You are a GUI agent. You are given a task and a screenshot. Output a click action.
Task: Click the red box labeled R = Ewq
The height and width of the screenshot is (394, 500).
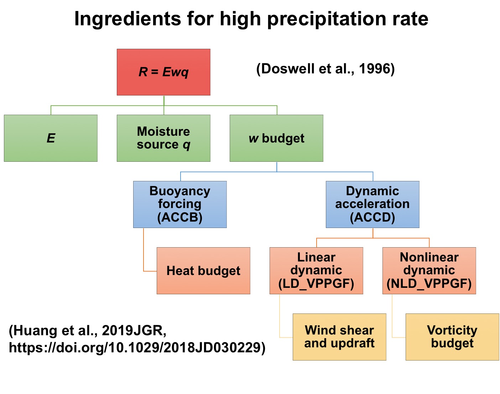point(163,72)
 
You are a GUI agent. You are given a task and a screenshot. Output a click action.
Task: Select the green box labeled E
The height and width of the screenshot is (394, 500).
point(51,138)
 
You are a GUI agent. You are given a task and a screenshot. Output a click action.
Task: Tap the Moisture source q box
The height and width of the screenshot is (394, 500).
point(163,138)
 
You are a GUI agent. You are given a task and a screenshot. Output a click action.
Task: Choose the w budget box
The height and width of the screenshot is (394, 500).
point(276,138)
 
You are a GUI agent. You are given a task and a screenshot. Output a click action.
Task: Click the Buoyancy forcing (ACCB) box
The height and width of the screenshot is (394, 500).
point(180,204)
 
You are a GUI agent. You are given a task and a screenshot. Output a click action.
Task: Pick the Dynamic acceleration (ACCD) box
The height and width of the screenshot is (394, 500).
point(373,204)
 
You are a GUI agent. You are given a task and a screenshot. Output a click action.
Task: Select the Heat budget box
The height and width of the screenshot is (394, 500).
point(203,271)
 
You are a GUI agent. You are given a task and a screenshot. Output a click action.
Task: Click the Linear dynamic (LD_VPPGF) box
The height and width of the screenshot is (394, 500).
point(316,271)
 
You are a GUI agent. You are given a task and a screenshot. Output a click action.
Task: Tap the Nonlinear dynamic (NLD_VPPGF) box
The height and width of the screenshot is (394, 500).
point(429,271)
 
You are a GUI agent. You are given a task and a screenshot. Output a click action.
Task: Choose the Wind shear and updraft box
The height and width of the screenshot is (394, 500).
point(339,337)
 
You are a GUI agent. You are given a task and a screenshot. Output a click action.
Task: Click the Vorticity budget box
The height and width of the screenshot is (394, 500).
point(452,337)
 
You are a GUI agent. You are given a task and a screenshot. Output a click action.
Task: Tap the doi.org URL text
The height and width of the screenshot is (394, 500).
point(137,348)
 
